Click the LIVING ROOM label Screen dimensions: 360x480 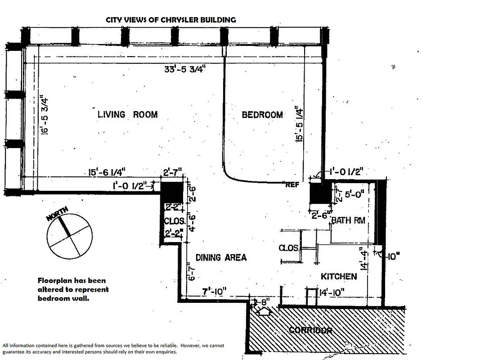point(127,114)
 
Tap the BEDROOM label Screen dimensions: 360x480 point(262,115)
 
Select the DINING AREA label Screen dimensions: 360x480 point(221,257)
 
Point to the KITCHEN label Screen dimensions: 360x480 point(339,276)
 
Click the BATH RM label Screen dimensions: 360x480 point(348,220)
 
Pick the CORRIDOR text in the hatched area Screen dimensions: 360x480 point(310,330)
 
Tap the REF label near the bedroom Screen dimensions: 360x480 point(292,184)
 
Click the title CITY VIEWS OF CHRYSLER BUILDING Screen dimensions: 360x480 point(170,20)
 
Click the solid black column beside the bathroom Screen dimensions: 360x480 point(320,195)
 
